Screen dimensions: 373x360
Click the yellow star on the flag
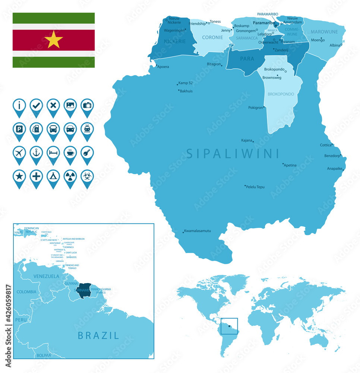(x=54, y=40)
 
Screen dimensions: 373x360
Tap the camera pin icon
(x=87, y=106)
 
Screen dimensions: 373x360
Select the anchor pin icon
(x=36, y=153)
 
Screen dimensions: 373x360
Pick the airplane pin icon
(x=19, y=153)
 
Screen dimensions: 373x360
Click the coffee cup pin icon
(x=70, y=153)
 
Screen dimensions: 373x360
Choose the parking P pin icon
(x=19, y=129)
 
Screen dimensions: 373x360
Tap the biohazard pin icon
(x=87, y=177)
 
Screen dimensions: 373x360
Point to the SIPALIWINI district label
(x=233, y=153)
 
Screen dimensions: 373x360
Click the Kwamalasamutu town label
(x=198, y=231)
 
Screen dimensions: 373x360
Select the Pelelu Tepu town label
(x=255, y=187)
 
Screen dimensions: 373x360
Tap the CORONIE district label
(x=212, y=37)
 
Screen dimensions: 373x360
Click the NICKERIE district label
(x=175, y=41)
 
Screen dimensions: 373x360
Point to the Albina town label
(x=335, y=46)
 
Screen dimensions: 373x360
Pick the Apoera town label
(x=163, y=67)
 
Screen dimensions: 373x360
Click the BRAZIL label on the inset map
(x=98, y=335)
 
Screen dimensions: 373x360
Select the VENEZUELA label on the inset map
(x=46, y=276)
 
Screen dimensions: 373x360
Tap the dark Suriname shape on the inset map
(x=84, y=293)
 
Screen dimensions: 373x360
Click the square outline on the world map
(x=229, y=326)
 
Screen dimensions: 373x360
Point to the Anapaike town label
(x=334, y=169)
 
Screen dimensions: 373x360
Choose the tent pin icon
(x=53, y=177)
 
